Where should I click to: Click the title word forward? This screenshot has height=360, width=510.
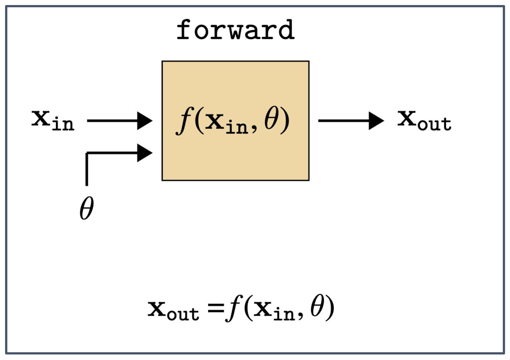pyautogui.click(x=235, y=30)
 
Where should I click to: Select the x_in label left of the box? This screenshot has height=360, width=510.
pyautogui.click(x=53, y=120)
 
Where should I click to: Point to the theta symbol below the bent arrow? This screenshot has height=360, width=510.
pyautogui.click(x=86, y=208)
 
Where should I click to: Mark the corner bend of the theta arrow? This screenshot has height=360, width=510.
pyautogui.click(x=87, y=154)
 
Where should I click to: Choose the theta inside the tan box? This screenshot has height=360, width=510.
pyautogui.click(x=271, y=120)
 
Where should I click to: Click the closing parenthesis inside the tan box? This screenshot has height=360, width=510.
pyautogui.click(x=286, y=121)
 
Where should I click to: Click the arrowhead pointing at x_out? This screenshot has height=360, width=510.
pyautogui.click(x=376, y=121)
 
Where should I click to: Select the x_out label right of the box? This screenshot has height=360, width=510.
pyautogui.click(x=424, y=120)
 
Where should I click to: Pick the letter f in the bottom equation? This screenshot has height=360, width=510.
pyautogui.click(x=233, y=309)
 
